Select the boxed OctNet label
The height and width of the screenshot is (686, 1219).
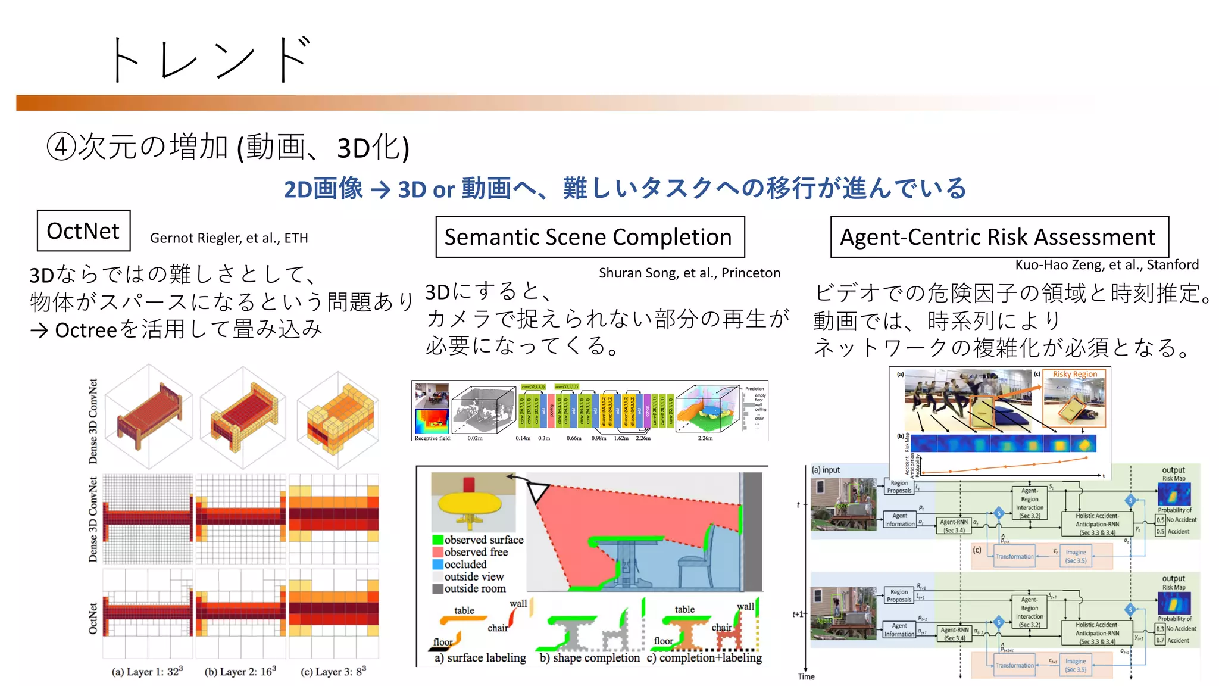(83, 231)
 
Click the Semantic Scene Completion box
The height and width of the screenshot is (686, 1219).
(589, 237)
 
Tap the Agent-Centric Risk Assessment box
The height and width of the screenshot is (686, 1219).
(999, 237)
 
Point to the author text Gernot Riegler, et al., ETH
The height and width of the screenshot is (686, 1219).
(229, 238)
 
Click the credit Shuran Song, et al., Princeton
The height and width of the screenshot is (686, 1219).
(689, 273)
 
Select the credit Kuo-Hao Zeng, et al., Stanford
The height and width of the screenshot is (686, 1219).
(1106, 265)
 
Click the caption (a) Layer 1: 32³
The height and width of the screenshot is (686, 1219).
(147, 672)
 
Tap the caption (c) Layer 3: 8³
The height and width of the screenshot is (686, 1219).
(333, 672)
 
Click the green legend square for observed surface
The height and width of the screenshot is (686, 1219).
(437, 540)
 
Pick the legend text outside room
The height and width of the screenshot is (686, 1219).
(474, 589)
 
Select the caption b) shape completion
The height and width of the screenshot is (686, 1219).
(589, 658)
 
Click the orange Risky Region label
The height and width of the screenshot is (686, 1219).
(1074, 375)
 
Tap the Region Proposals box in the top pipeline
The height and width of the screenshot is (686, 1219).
(899, 487)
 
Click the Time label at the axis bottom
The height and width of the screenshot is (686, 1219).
(806, 676)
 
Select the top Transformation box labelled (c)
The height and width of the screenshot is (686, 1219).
(1014, 556)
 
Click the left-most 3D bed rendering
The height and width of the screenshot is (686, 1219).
(149, 417)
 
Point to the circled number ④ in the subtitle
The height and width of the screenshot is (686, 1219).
(61, 146)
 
